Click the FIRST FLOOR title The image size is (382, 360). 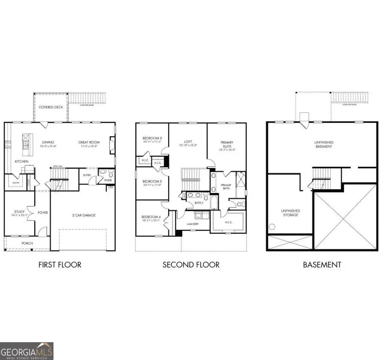tap(60, 265)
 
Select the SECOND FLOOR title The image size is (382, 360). tap(191, 265)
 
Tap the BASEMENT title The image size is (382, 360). tap(322, 265)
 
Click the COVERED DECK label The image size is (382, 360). tap(51, 107)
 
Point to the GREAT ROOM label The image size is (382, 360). tap(89, 142)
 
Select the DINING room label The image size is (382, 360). tap(48, 142)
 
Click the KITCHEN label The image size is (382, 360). tap(22, 162)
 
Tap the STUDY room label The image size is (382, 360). tap(19, 212)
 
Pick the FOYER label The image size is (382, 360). tap(42, 212)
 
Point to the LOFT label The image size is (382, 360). tap(188, 142)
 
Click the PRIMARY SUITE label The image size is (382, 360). tap(227, 145)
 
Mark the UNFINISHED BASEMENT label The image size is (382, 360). tap(324, 144)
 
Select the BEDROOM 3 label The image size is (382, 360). tap(152, 138)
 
